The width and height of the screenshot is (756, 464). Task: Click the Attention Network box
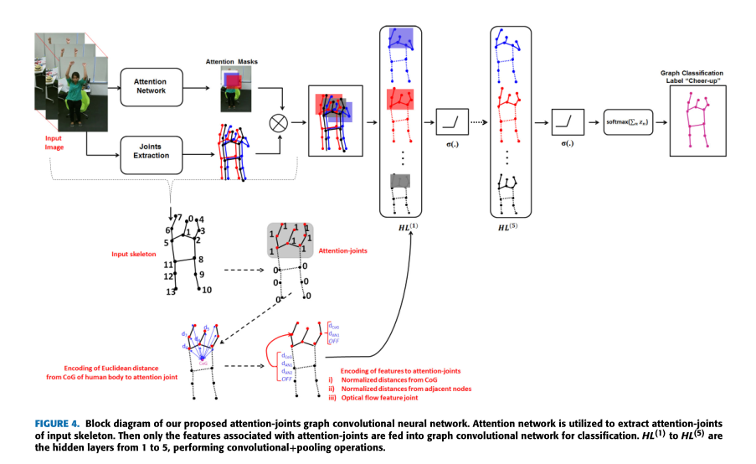[151, 85]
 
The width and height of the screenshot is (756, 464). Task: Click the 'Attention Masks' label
[232, 61]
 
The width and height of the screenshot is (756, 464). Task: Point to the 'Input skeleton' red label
[135, 253]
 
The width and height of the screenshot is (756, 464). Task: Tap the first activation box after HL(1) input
[452, 123]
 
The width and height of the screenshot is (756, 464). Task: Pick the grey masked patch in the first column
[401, 183]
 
